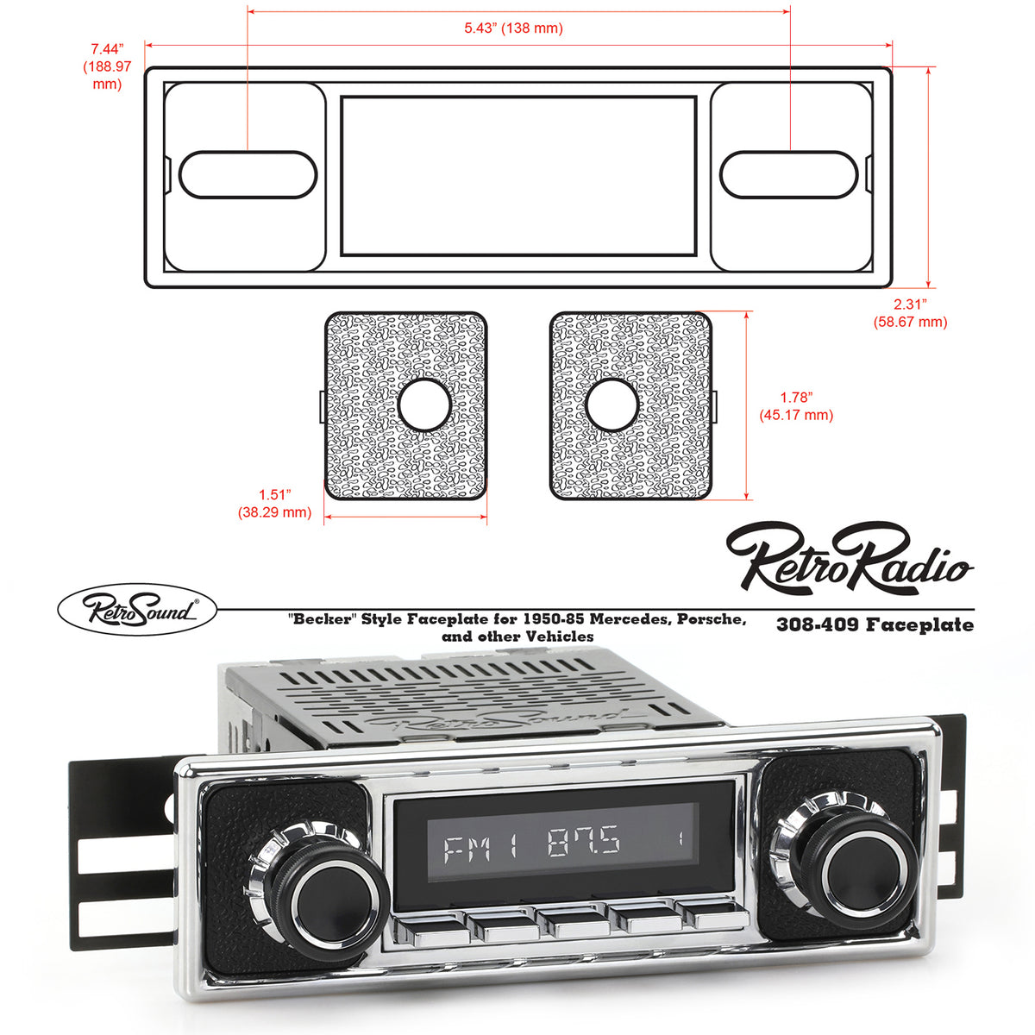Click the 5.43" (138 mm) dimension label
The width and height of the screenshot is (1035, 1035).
pos(513,28)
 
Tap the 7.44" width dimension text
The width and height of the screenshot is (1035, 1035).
pos(108,66)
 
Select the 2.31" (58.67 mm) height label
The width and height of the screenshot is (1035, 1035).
pos(909,313)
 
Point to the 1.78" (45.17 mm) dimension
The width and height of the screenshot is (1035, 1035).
pos(796,406)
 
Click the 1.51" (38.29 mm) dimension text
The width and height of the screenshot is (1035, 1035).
pos(274,504)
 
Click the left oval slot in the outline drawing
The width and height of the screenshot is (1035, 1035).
pos(248,174)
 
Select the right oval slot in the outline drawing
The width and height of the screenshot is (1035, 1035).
pos(788,174)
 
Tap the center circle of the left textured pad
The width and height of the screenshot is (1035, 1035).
pos(424,404)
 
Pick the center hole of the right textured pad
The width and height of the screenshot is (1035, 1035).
pos(612,404)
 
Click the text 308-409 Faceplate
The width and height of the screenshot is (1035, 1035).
pos(875,624)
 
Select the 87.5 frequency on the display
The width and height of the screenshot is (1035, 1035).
pos(584,839)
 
